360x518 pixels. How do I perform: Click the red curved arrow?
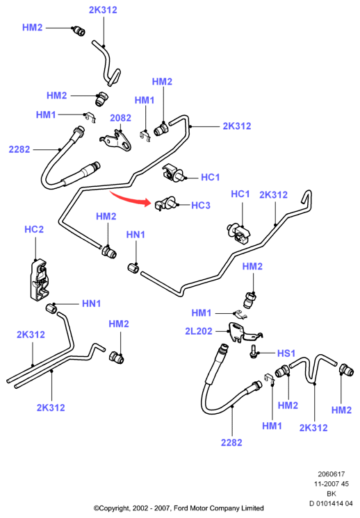pos(129,199)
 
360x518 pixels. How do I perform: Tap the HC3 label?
pos(201,206)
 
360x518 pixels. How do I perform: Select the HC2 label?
pos(34,229)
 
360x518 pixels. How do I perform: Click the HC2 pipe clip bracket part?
pos(40,279)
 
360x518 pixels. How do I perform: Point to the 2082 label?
pos(120,118)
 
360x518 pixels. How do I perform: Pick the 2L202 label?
pos(198,331)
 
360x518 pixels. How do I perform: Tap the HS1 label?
pos(286,353)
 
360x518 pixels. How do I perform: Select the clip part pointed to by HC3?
pos(166,203)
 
